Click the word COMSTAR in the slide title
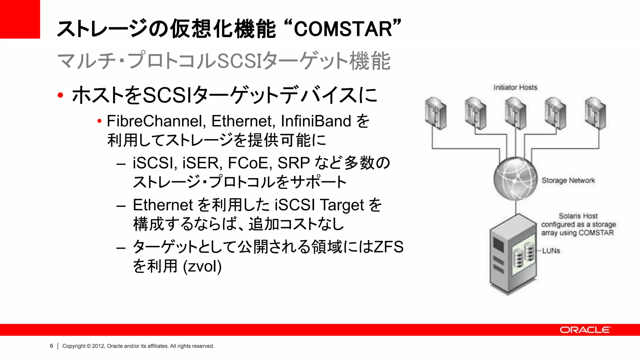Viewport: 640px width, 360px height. point(343,29)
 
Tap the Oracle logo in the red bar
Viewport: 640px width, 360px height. point(585,330)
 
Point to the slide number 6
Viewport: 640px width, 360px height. point(52,346)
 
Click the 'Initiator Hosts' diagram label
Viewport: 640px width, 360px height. point(515,87)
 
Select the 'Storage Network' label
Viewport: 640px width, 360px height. point(568,181)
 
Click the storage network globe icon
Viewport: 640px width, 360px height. point(515,179)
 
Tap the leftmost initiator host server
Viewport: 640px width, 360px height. point(436,113)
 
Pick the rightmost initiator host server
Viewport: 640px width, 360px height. point(595,113)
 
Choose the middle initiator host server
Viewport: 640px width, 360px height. point(515,113)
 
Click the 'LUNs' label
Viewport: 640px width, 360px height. point(551,251)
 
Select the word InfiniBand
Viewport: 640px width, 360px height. point(316,121)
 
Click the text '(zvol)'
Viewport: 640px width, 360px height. point(202,266)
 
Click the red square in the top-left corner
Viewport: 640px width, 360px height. point(20,19)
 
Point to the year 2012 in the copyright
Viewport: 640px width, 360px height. point(98,346)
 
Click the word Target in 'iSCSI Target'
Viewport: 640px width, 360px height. point(342,205)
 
